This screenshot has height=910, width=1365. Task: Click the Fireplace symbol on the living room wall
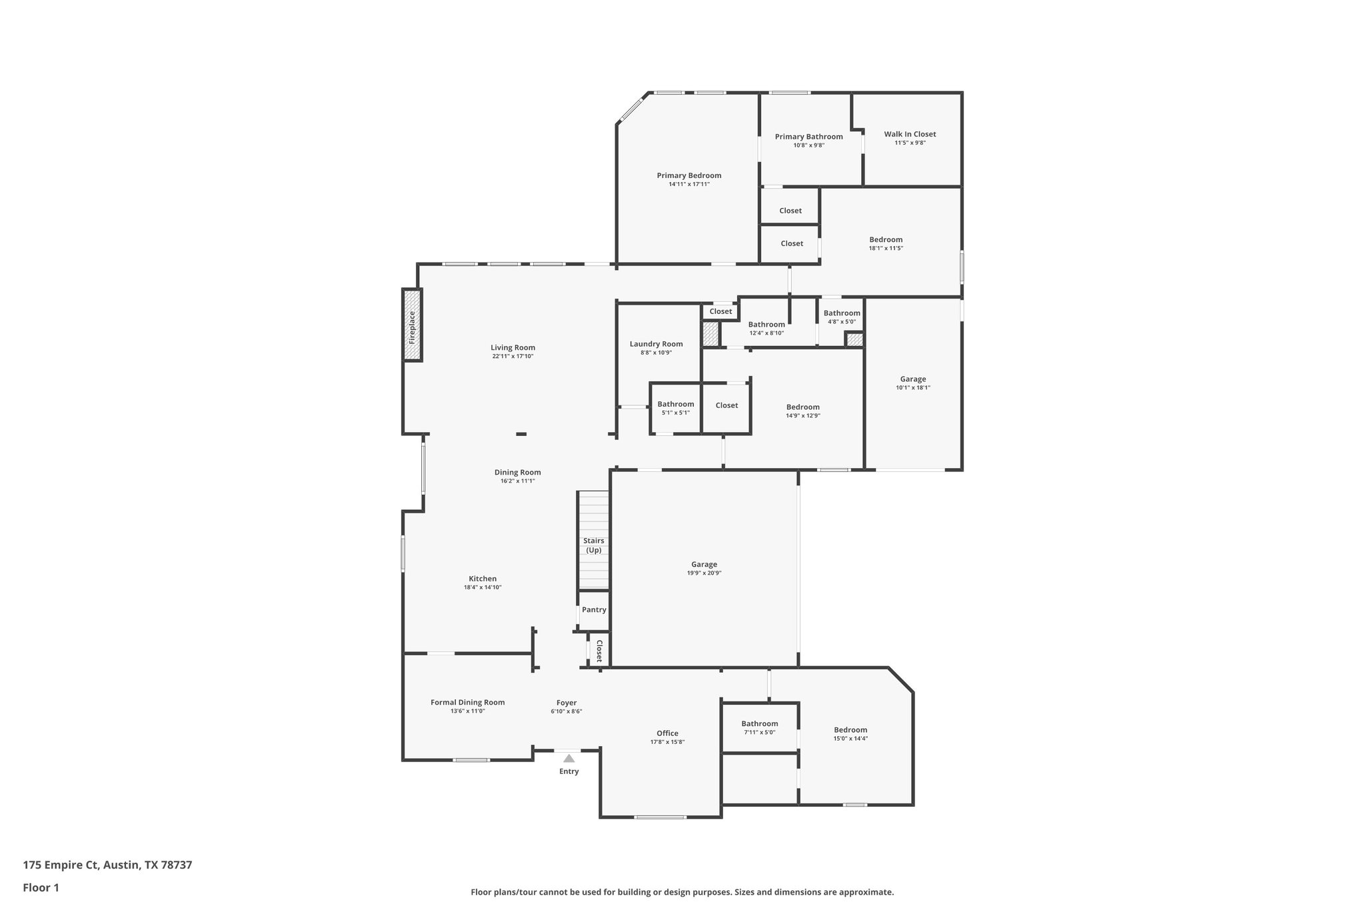(412, 326)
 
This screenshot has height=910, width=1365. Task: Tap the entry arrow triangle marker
(569, 758)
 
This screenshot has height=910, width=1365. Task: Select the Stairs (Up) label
(593, 545)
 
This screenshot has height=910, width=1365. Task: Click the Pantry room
(594, 610)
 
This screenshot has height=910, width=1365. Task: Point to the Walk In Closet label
(910, 134)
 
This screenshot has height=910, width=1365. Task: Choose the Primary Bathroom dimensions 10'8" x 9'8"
(808, 145)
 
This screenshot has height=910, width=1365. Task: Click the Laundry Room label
(656, 344)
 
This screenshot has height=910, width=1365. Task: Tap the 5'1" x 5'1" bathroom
(675, 408)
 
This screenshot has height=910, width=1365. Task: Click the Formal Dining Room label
(467, 702)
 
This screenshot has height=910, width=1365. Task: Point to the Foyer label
(567, 703)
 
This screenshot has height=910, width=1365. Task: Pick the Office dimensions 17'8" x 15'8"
(667, 742)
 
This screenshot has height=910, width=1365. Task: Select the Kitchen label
(483, 579)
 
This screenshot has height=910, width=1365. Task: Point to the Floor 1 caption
(41, 888)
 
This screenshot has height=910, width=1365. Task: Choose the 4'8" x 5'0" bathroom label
(841, 317)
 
